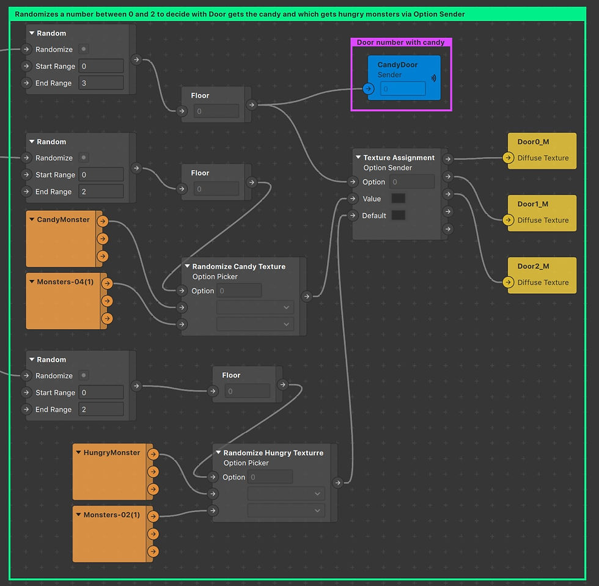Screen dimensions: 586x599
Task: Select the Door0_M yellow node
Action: [x=542, y=142]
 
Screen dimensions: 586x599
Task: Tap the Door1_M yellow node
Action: [x=542, y=204]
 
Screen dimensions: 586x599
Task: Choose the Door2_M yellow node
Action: [x=542, y=266]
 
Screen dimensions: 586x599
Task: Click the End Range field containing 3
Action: [x=101, y=83]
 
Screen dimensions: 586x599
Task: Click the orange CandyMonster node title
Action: [x=63, y=220]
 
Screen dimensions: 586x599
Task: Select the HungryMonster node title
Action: [x=111, y=453]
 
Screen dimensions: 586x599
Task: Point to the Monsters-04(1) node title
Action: [x=65, y=282]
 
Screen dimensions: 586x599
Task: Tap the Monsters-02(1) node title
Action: [x=111, y=515]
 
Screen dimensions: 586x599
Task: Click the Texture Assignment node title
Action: [x=399, y=158]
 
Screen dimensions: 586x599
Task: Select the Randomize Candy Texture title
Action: [x=238, y=266]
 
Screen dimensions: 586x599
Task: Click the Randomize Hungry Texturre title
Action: [x=273, y=453]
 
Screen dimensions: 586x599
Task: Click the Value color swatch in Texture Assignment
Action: [x=398, y=199]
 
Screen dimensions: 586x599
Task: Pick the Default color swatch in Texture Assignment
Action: [x=398, y=215]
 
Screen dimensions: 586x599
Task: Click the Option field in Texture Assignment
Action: [x=411, y=181]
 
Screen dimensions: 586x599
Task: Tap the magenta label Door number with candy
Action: [x=400, y=43]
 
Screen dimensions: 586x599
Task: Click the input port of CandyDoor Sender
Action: [x=368, y=89]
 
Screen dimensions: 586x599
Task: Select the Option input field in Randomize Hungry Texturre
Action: [x=270, y=477]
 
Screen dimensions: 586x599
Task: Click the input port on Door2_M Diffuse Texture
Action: [x=508, y=282]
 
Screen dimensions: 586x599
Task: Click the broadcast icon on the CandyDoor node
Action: [x=434, y=78]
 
